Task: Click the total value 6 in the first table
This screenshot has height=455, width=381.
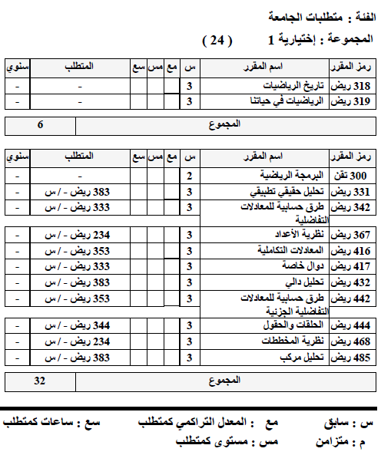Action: [x=40, y=124]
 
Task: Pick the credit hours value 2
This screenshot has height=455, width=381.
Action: [x=190, y=176]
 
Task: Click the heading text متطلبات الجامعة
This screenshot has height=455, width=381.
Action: [x=297, y=16]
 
